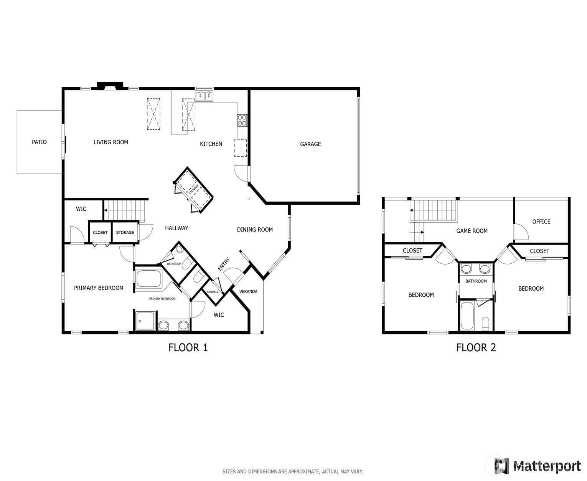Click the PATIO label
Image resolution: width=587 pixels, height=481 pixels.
[39, 142]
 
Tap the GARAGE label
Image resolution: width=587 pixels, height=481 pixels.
[310, 144]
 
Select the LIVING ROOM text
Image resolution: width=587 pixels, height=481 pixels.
[111, 142]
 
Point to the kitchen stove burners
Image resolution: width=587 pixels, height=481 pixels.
[242, 120]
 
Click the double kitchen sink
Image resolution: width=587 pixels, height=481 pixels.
[204, 96]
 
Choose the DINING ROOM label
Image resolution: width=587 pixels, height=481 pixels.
[255, 230]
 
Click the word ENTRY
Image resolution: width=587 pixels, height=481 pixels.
[224, 264]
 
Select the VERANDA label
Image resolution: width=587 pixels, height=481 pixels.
[248, 292]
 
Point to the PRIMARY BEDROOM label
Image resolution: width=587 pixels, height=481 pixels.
[99, 288]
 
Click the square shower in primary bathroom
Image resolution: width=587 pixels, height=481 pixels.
[145, 321]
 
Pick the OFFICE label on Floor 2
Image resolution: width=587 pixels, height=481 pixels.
[541, 222]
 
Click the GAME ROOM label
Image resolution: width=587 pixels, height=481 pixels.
[472, 231]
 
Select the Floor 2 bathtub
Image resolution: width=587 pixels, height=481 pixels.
[467, 316]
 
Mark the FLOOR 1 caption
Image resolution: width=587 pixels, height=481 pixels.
[188, 347]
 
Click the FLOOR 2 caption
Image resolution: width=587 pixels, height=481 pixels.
[476, 347]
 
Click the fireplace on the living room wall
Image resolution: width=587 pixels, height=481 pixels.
[110, 86]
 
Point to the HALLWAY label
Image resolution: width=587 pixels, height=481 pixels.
[176, 228]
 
